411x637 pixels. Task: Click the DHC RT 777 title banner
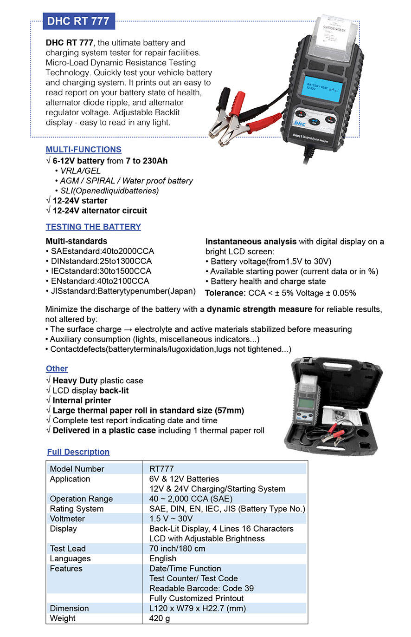point(78,21)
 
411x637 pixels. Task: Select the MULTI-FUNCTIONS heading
point(83,150)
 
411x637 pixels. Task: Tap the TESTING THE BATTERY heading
point(93,227)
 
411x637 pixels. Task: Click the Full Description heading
point(78,452)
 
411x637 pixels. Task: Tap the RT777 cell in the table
point(161,469)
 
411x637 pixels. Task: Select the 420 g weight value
point(160,618)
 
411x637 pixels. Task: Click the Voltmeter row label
point(67,519)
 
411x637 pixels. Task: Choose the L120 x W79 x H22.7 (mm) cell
point(198,608)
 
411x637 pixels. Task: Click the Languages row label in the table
point(70,558)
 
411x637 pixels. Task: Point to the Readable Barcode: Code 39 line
point(201,588)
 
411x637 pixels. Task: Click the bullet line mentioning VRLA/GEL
point(80,171)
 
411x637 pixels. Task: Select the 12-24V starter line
point(79,201)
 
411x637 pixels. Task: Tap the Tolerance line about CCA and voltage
point(280,293)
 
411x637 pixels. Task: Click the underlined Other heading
point(57,368)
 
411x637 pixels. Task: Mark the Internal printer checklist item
point(82,401)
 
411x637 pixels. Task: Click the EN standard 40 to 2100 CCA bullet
point(99,281)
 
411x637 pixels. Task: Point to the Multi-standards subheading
point(76,241)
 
